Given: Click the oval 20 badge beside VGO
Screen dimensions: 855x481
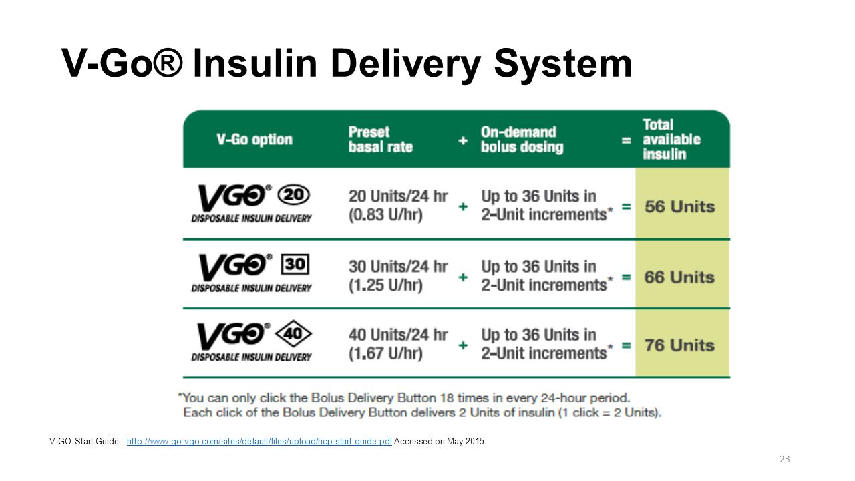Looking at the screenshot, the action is click(293, 195).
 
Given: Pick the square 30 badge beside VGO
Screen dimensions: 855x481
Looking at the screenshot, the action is click(295, 264).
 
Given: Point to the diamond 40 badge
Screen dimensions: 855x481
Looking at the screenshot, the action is click(293, 333).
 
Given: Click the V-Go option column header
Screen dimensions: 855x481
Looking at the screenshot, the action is click(254, 140).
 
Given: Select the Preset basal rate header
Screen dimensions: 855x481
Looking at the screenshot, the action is click(381, 140).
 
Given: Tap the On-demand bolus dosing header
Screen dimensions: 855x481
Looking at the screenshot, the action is click(522, 140).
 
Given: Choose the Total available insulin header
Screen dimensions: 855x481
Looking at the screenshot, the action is click(672, 140).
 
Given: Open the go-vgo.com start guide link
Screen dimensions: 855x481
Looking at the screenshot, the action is click(259, 442).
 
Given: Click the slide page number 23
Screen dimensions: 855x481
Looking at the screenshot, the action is click(784, 459).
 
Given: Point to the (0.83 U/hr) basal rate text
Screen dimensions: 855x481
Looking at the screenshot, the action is click(385, 215).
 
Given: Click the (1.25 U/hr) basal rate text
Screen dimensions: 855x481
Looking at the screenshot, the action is click(385, 285).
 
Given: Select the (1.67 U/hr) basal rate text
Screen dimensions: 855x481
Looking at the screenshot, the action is click(385, 353).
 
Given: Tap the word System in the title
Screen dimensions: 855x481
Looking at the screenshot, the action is click(563, 64).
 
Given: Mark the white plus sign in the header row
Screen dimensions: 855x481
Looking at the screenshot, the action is click(463, 140).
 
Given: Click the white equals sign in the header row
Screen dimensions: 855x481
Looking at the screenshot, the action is click(627, 140).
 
